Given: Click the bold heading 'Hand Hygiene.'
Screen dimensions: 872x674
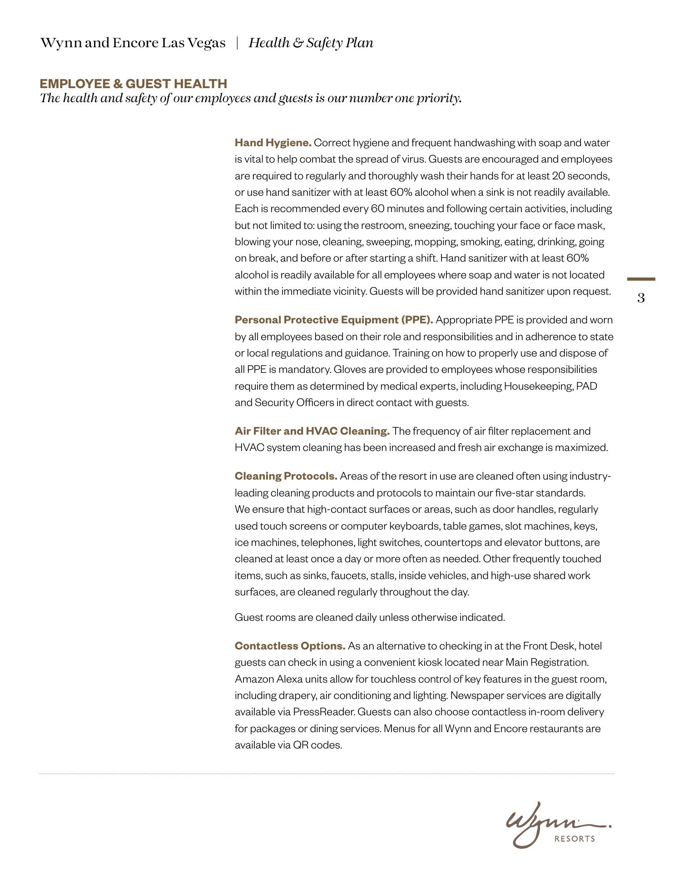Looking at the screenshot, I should [273, 143].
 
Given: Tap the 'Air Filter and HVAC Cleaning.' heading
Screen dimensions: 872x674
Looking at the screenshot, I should [312, 431].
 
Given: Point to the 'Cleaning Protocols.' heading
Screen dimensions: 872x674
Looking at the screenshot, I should [286, 476].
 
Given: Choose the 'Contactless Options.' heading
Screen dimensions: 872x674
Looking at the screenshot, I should [290, 646].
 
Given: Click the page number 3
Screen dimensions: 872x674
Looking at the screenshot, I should [641, 298].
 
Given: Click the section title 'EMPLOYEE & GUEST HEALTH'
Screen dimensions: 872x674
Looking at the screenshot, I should [133, 84].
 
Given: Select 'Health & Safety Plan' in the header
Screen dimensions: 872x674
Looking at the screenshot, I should [311, 43].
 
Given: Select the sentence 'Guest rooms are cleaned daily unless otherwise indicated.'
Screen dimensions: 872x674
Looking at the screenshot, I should [370, 618].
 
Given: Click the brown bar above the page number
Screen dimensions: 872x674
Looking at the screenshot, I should [641, 279].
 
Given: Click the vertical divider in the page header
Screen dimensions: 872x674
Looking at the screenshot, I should [237, 43].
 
